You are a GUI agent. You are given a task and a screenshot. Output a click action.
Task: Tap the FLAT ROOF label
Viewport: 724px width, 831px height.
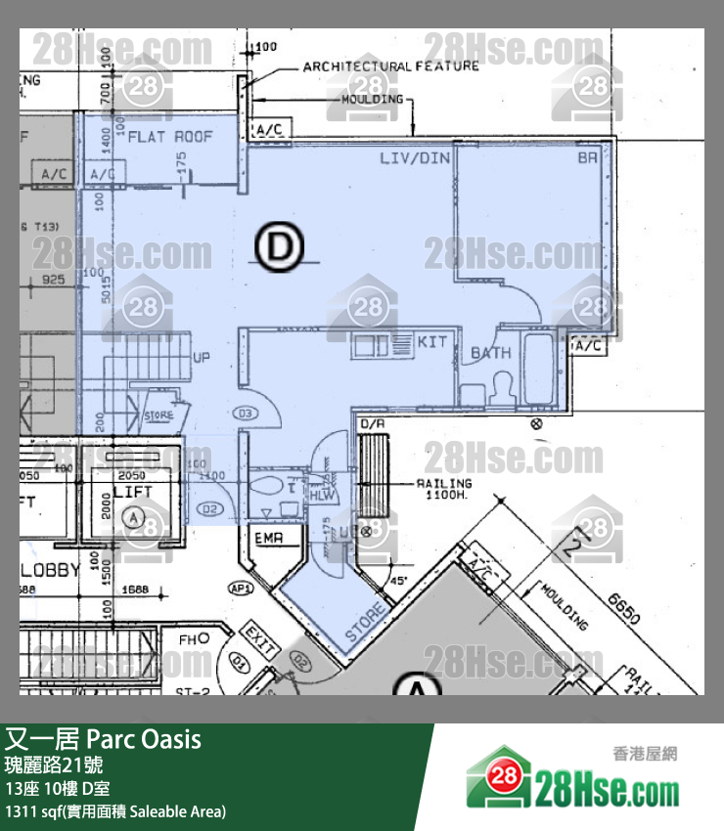point(170,138)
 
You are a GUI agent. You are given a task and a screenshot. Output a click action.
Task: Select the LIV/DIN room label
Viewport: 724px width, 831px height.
point(410,156)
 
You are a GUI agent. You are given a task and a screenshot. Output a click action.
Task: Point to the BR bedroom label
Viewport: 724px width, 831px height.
point(587,156)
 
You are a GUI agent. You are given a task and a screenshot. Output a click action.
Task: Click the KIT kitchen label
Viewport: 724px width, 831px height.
point(431,343)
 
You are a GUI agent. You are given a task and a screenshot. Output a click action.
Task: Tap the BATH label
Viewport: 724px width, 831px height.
point(490,352)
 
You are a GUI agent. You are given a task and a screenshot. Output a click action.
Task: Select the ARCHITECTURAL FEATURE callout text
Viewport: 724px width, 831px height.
point(390,66)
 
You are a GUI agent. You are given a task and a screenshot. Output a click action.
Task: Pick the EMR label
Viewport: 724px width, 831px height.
point(268,539)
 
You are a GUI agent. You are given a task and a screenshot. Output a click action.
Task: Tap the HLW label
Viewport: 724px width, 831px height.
point(319,496)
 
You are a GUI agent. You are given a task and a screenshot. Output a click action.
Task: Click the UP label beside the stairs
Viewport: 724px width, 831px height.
point(202,357)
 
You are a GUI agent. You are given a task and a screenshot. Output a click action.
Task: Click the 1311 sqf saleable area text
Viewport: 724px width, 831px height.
point(115,810)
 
